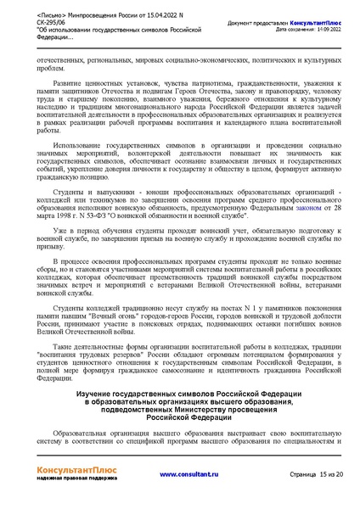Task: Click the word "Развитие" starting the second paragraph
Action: [76, 85]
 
